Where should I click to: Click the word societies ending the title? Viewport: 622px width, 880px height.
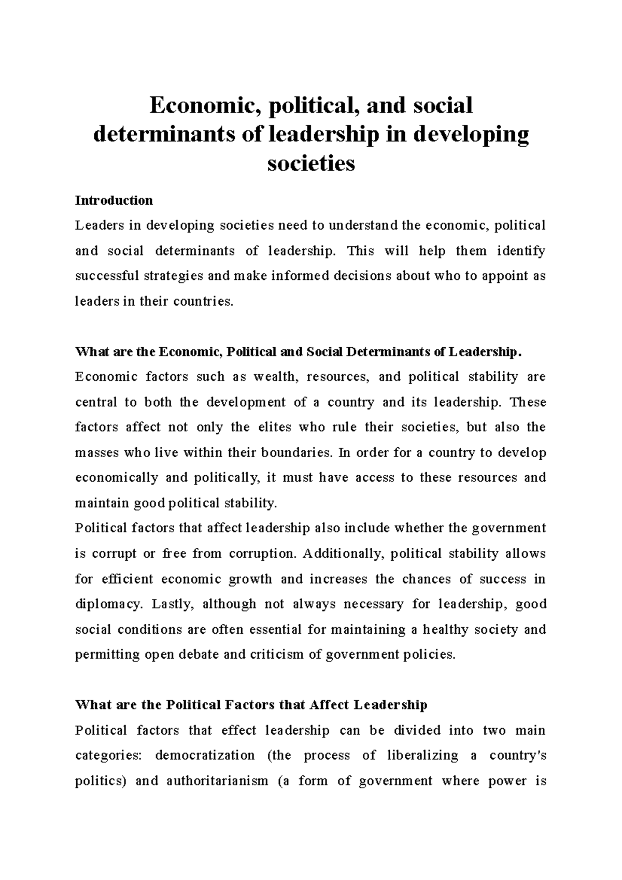click(311, 163)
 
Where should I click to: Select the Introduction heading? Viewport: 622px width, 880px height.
click(114, 201)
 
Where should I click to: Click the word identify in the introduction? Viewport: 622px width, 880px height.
click(521, 251)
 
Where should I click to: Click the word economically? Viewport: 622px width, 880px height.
click(116, 477)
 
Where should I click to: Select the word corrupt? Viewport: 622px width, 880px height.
click(114, 553)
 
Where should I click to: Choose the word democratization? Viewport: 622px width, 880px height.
click(205, 755)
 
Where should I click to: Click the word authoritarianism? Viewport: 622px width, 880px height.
click(217, 780)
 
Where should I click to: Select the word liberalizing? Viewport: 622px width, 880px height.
click(422, 755)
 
